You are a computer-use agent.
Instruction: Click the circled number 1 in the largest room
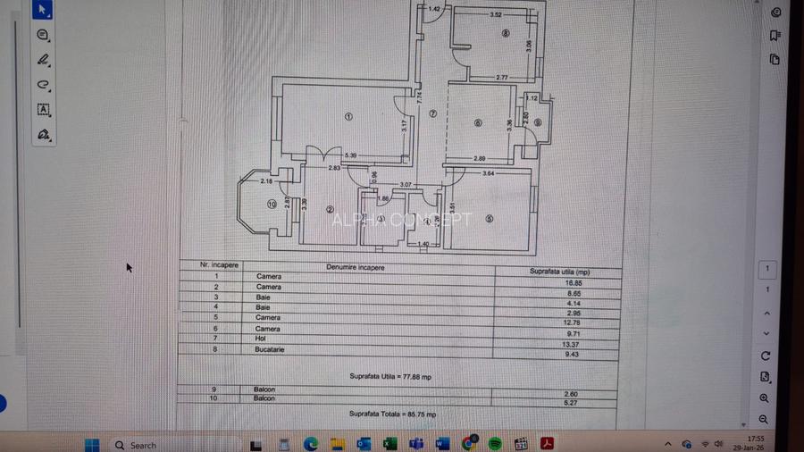tap(348, 116)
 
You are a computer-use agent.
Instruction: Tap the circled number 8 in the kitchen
tap(506, 35)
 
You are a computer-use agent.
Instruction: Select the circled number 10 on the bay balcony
tap(272, 204)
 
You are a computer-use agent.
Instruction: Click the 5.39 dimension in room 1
tap(350, 156)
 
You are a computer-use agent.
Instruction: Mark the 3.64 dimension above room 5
tap(488, 172)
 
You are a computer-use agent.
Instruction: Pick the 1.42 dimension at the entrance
tap(434, 9)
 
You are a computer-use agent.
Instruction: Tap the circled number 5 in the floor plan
tap(489, 217)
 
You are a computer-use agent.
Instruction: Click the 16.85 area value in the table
tap(561, 281)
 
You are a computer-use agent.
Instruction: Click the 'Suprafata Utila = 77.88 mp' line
tap(390, 378)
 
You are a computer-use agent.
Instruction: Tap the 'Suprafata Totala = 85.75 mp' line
tap(392, 414)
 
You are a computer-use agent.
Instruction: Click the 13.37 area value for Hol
tap(560, 344)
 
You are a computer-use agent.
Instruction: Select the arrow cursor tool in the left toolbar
tap(43, 11)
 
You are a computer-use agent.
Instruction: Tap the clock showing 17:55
tap(755, 439)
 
